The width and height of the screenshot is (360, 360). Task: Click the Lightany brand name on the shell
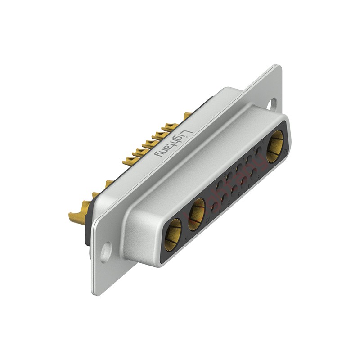point(173,144)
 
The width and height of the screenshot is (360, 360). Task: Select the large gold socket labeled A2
point(196,214)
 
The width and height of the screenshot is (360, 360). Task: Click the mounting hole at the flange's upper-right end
point(273,103)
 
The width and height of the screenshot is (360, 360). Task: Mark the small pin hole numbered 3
point(239,168)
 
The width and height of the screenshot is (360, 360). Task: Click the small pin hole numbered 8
point(234,189)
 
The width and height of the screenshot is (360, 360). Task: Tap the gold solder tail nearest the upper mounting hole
point(187,116)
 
